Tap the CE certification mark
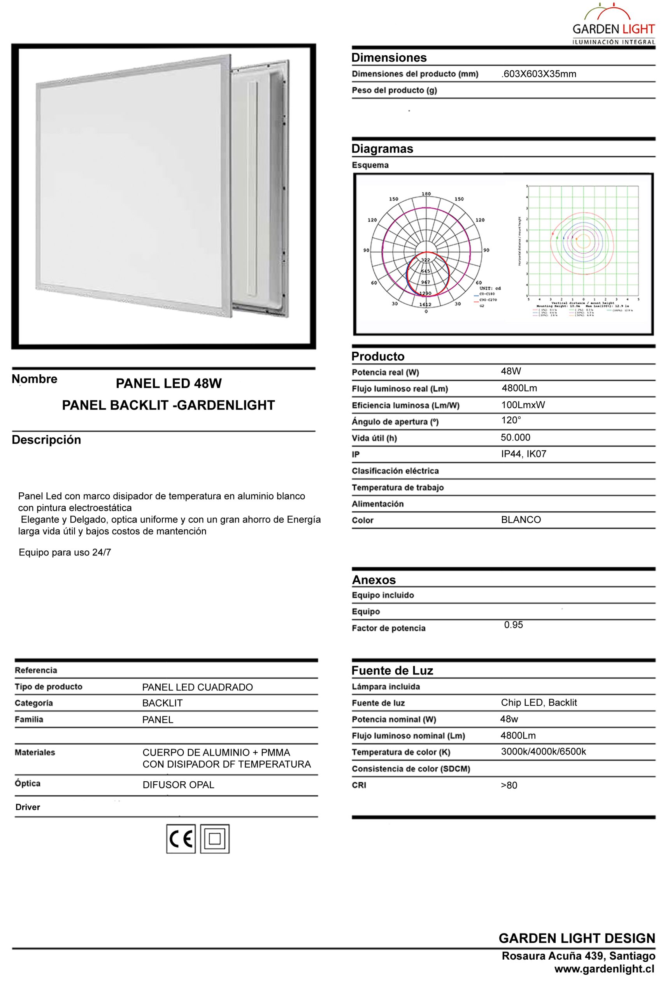(181, 839)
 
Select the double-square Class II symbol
(215, 839)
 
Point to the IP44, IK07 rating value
(524, 454)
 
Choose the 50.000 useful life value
(516, 437)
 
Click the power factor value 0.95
(513, 625)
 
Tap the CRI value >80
(509, 785)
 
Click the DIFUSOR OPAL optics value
(178, 785)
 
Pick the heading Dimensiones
(389, 58)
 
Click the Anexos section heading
(374, 580)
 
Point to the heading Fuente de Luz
(392, 671)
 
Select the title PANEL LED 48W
(169, 383)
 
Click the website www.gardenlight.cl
(604, 969)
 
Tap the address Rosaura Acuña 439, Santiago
(578, 956)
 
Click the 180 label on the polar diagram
(426, 194)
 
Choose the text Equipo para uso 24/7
(65, 552)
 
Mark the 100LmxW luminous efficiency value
(523, 405)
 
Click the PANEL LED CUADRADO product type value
(198, 687)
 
